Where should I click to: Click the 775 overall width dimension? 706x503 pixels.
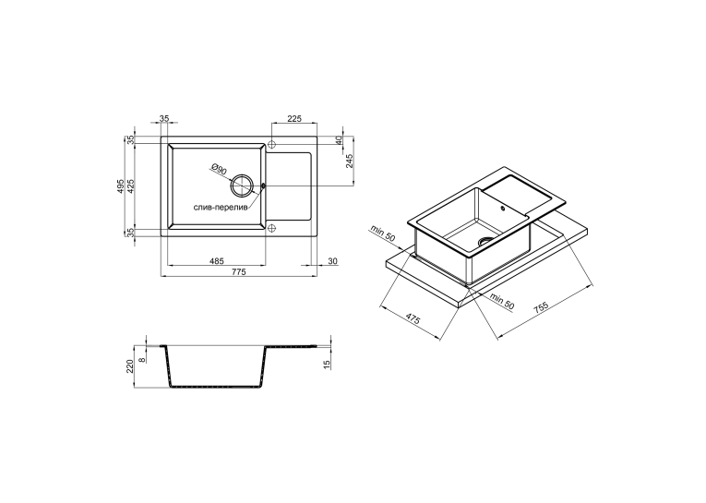[x=239, y=271]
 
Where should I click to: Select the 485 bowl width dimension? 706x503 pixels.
[x=217, y=261]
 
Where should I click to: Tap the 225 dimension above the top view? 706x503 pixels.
[x=294, y=119]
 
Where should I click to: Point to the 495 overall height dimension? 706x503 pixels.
[x=120, y=186]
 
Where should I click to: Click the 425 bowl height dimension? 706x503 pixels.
[x=130, y=186]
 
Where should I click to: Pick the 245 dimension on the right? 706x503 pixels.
[x=350, y=161]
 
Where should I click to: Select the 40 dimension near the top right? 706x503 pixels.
[x=339, y=140]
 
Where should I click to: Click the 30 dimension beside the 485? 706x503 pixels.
[x=333, y=261]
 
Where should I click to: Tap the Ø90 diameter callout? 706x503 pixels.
[x=219, y=169]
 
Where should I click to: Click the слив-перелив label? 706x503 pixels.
[x=221, y=208]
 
